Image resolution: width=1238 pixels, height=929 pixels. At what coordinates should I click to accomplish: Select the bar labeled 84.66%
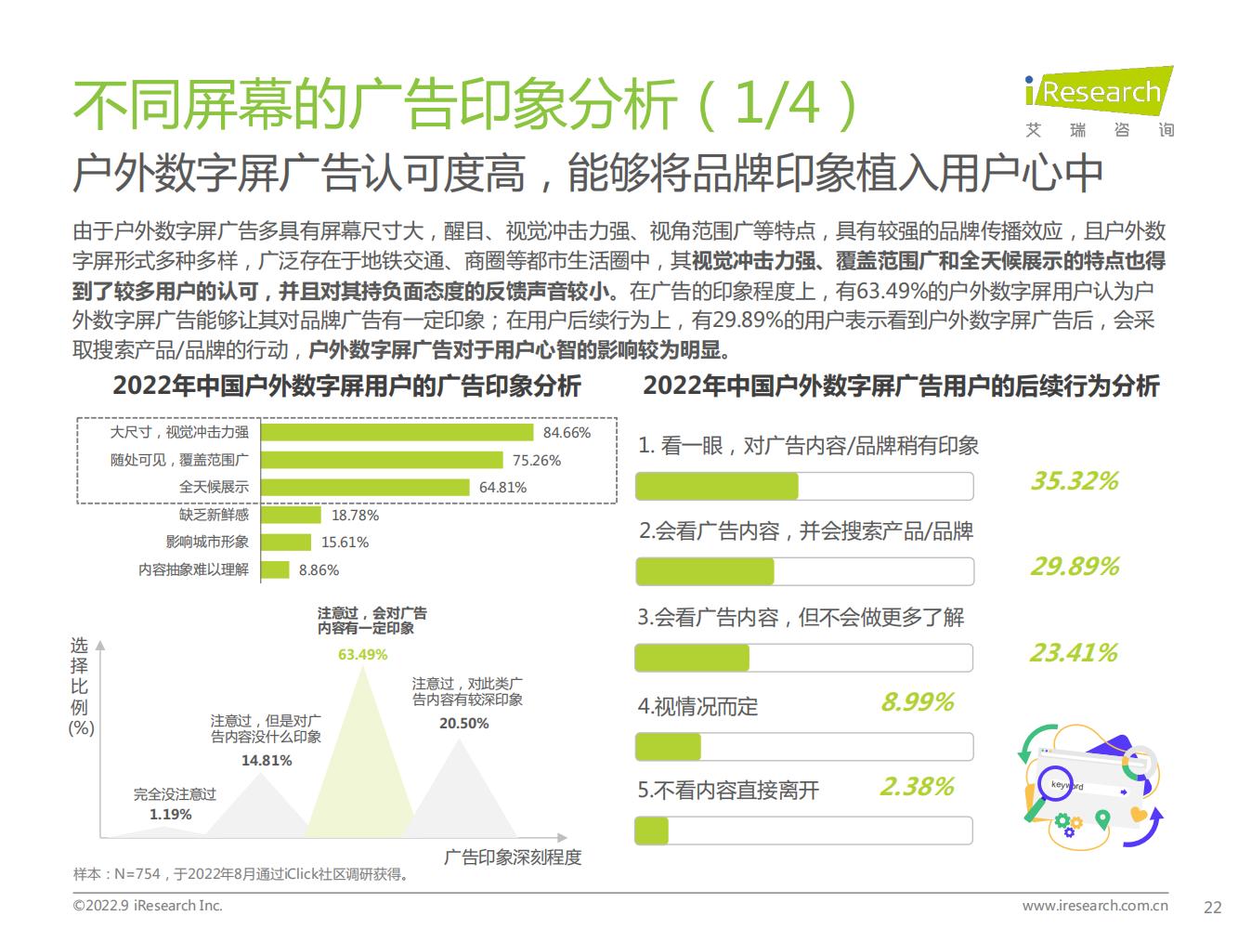(397, 432)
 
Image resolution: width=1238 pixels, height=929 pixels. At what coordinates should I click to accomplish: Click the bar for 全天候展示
(365, 487)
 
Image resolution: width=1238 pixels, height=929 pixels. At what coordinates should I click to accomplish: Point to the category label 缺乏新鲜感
(214, 515)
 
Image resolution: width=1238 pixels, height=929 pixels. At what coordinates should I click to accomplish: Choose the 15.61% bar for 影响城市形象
(286, 543)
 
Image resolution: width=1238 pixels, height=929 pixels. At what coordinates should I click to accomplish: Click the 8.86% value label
(319, 570)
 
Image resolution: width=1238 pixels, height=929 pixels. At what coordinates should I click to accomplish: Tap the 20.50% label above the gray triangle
(463, 724)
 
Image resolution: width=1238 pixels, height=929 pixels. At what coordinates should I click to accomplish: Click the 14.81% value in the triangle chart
(267, 760)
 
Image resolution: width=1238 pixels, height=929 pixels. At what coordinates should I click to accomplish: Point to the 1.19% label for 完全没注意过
(170, 815)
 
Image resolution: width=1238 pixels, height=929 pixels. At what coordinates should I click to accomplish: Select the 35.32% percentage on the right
(1075, 481)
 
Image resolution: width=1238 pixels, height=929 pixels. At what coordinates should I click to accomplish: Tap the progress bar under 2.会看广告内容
(804, 571)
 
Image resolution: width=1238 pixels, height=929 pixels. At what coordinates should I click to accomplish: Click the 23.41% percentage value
(1073, 653)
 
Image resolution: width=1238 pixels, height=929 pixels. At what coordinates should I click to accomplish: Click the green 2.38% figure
(917, 788)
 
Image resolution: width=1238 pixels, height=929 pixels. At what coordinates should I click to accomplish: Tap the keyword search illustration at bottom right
(1091, 790)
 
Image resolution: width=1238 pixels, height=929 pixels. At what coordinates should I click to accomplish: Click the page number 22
(1212, 908)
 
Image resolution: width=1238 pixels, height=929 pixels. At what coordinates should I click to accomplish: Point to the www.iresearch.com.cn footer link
(1095, 906)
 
